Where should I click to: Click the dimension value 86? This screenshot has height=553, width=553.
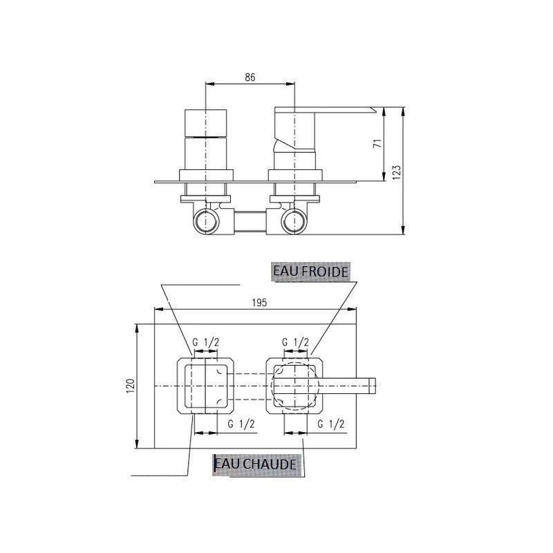tap(250, 77)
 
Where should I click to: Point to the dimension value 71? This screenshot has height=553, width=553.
tap(377, 144)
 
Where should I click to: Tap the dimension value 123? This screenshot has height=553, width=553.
tap(397, 172)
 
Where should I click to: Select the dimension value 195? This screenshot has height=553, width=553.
tap(260, 303)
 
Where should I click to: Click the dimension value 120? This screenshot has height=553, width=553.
tap(131, 386)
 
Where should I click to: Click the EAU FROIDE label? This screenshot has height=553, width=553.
tap(310, 272)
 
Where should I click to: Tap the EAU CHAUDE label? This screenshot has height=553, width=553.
tap(256, 464)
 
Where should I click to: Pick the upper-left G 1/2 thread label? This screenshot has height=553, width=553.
tap(205, 341)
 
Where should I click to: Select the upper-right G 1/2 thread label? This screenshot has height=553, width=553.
tap(296, 341)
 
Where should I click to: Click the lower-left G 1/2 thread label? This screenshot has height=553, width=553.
tap(241, 424)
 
